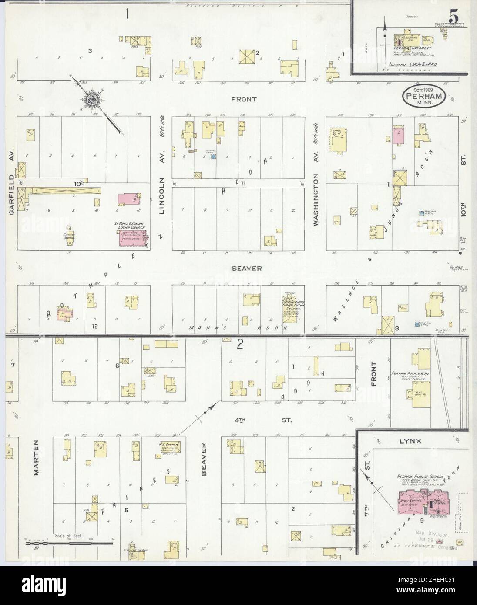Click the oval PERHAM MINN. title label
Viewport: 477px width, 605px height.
tap(423, 97)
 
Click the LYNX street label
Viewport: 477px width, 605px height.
tap(410, 441)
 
